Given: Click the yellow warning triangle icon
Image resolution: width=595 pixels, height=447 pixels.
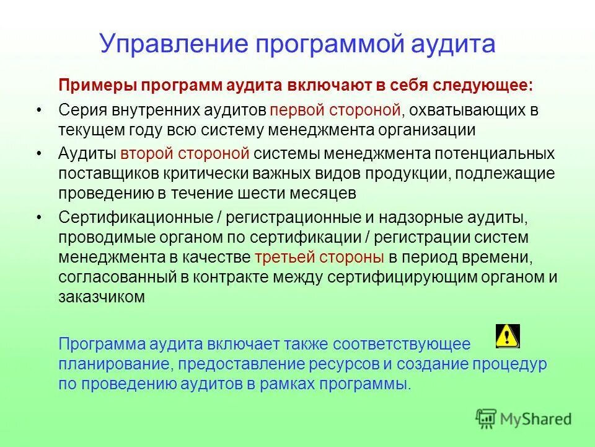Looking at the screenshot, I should (508, 336).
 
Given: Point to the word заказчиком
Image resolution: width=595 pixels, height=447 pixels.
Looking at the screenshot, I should (102, 297).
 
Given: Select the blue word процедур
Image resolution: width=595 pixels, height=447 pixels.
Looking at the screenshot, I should (512, 364).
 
